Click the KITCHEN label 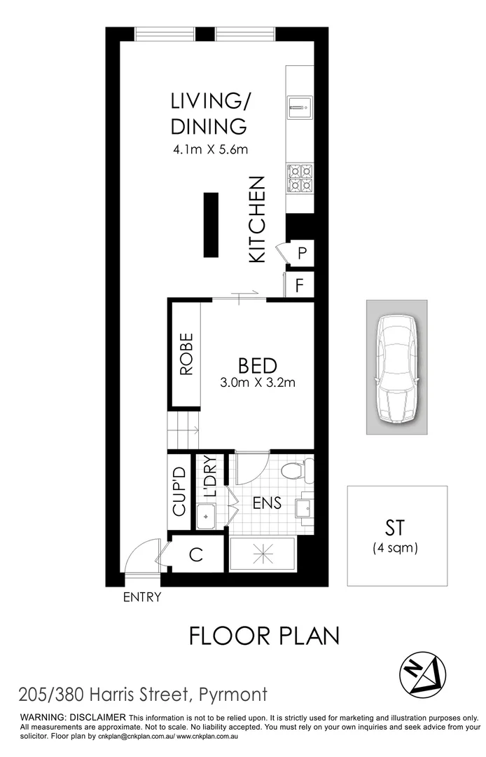click(257, 219)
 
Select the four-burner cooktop click(299, 177)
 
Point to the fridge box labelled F click(300, 285)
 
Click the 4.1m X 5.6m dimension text click(210, 149)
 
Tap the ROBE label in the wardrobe click(186, 355)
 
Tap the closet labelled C click(196, 555)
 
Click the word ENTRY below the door click(142, 598)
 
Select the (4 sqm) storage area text click(395, 548)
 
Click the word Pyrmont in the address click(234, 695)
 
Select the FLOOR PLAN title click(265, 636)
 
